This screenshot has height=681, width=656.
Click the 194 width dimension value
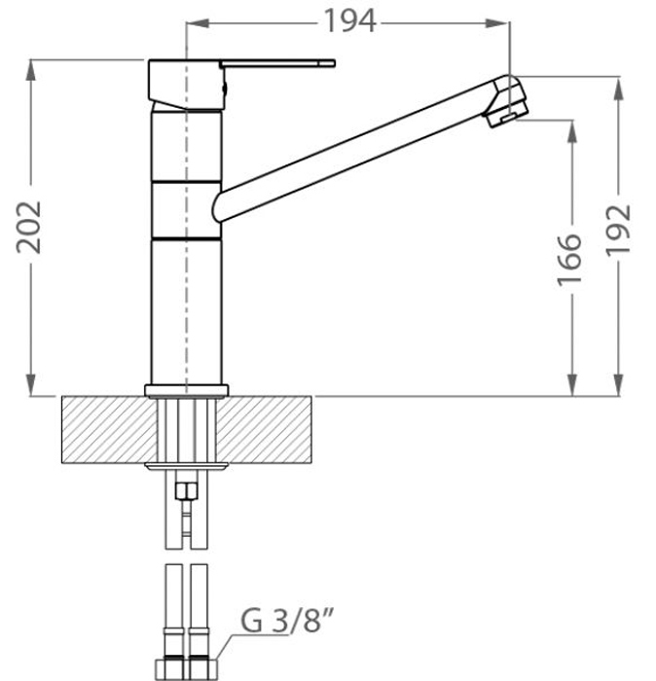[x=349, y=20]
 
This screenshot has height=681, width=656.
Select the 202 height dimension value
[x=28, y=227]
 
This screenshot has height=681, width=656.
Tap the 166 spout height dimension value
[x=569, y=261]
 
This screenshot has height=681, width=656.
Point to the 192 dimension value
[x=618, y=230]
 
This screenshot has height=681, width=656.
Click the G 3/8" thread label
[x=287, y=620]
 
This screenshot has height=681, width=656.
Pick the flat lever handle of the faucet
[x=277, y=64]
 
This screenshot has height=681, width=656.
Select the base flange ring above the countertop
[x=186, y=390]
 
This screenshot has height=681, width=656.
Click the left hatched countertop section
[x=109, y=430]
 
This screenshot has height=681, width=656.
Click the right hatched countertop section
[x=264, y=430]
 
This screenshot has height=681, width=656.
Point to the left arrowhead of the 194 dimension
[x=198, y=22]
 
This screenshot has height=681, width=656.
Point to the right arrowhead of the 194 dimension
[x=498, y=22]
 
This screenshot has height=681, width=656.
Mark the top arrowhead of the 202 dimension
[x=30, y=70]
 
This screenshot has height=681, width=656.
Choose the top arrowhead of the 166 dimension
[x=572, y=131]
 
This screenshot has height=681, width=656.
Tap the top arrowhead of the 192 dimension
[x=619, y=88]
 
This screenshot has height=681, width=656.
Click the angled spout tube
[x=356, y=150]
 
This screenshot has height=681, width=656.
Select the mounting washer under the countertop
[x=186, y=467]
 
